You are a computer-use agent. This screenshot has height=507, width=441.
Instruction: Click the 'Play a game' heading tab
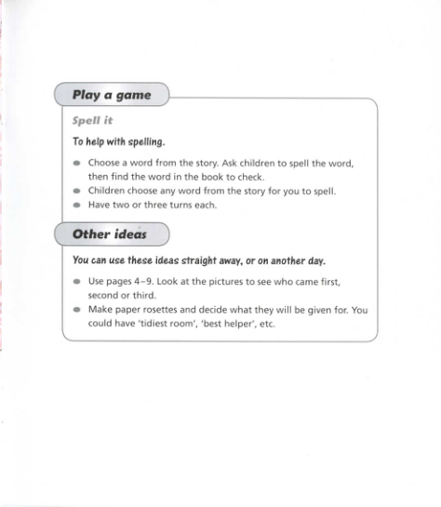tap(111, 95)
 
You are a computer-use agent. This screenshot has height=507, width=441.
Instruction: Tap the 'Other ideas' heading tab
tap(110, 234)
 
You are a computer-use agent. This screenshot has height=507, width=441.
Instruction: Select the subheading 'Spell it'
tap(92, 121)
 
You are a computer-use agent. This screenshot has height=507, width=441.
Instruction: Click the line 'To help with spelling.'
tap(118, 142)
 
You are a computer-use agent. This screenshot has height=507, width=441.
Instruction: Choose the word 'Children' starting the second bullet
tap(106, 191)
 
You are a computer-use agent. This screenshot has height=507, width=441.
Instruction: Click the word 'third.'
tap(149, 295)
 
